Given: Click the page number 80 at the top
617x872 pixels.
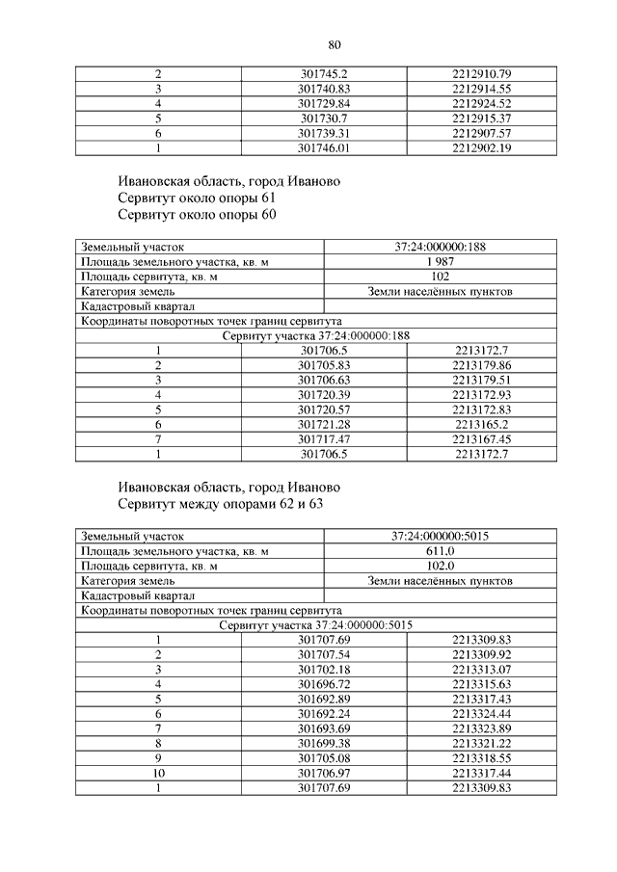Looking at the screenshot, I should tap(335, 44).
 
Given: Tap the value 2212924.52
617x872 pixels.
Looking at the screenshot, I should tap(480, 103).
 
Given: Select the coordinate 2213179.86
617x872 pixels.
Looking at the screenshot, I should tap(480, 365).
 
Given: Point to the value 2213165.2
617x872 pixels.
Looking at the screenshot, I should tap(480, 424).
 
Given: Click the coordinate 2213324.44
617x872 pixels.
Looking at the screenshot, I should tap(480, 714).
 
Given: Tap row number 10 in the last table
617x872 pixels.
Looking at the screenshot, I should tap(157, 773).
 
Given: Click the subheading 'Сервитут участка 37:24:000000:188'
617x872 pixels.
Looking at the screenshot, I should tap(315, 335).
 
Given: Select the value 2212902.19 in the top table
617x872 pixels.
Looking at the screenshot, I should tap(480, 147).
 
